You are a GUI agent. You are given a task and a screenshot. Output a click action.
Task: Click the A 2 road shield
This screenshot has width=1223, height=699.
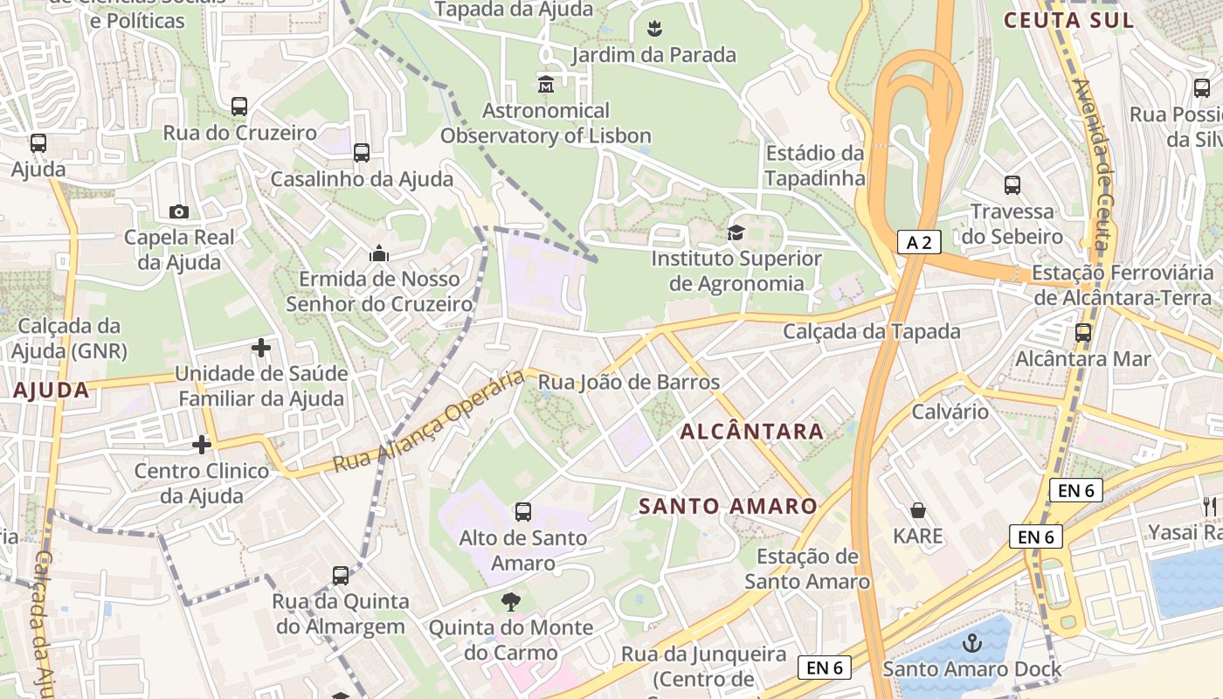(x=919, y=242)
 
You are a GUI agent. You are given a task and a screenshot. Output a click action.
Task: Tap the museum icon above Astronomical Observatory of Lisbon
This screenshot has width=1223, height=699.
(x=547, y=85)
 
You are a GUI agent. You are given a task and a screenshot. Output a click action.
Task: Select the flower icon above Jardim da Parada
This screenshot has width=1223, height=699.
(x=654, y=29)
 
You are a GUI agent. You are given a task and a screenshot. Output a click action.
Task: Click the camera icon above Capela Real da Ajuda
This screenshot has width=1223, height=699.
(x=179, y=211)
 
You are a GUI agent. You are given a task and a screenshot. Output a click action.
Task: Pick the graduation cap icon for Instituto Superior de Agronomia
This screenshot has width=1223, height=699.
(x=736, y=233)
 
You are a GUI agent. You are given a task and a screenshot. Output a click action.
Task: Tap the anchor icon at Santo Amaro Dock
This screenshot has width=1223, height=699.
(x=971, y=644)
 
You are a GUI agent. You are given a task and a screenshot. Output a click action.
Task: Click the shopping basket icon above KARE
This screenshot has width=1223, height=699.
(x=918, y=509)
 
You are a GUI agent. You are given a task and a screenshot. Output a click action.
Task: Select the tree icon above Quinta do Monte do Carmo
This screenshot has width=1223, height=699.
(x=511, y=601)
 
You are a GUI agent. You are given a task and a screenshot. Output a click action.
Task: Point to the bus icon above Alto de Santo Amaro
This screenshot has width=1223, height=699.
(x=523, y=512)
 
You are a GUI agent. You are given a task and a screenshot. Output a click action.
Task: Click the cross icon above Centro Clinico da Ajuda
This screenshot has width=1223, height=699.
(x=202, y=445)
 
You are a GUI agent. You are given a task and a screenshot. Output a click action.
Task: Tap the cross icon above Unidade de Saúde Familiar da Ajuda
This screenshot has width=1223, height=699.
(x=260, y=348)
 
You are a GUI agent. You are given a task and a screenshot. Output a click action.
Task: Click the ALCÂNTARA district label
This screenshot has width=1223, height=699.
(x=751, y=431)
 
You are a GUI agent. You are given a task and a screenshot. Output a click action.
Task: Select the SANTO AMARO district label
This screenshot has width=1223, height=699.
(x=728, y=506)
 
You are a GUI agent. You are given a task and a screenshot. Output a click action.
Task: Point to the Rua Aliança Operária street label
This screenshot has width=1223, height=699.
(x=429, y=421)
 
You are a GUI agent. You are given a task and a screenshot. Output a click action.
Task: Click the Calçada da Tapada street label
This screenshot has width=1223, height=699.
(x=871, y=331)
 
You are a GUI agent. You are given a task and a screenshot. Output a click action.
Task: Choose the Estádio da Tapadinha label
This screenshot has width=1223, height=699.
(x=815, y=165)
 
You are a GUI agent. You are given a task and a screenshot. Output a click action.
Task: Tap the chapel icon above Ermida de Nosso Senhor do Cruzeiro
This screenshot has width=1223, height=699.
(x=379, y=253)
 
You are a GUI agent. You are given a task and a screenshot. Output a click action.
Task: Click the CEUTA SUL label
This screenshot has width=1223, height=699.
(x=1069, y=20)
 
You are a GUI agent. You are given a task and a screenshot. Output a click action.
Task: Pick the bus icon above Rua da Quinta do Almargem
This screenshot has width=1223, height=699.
(x=341, y=576)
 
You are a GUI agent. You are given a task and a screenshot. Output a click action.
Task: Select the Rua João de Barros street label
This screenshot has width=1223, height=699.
(x=629, y=382)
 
